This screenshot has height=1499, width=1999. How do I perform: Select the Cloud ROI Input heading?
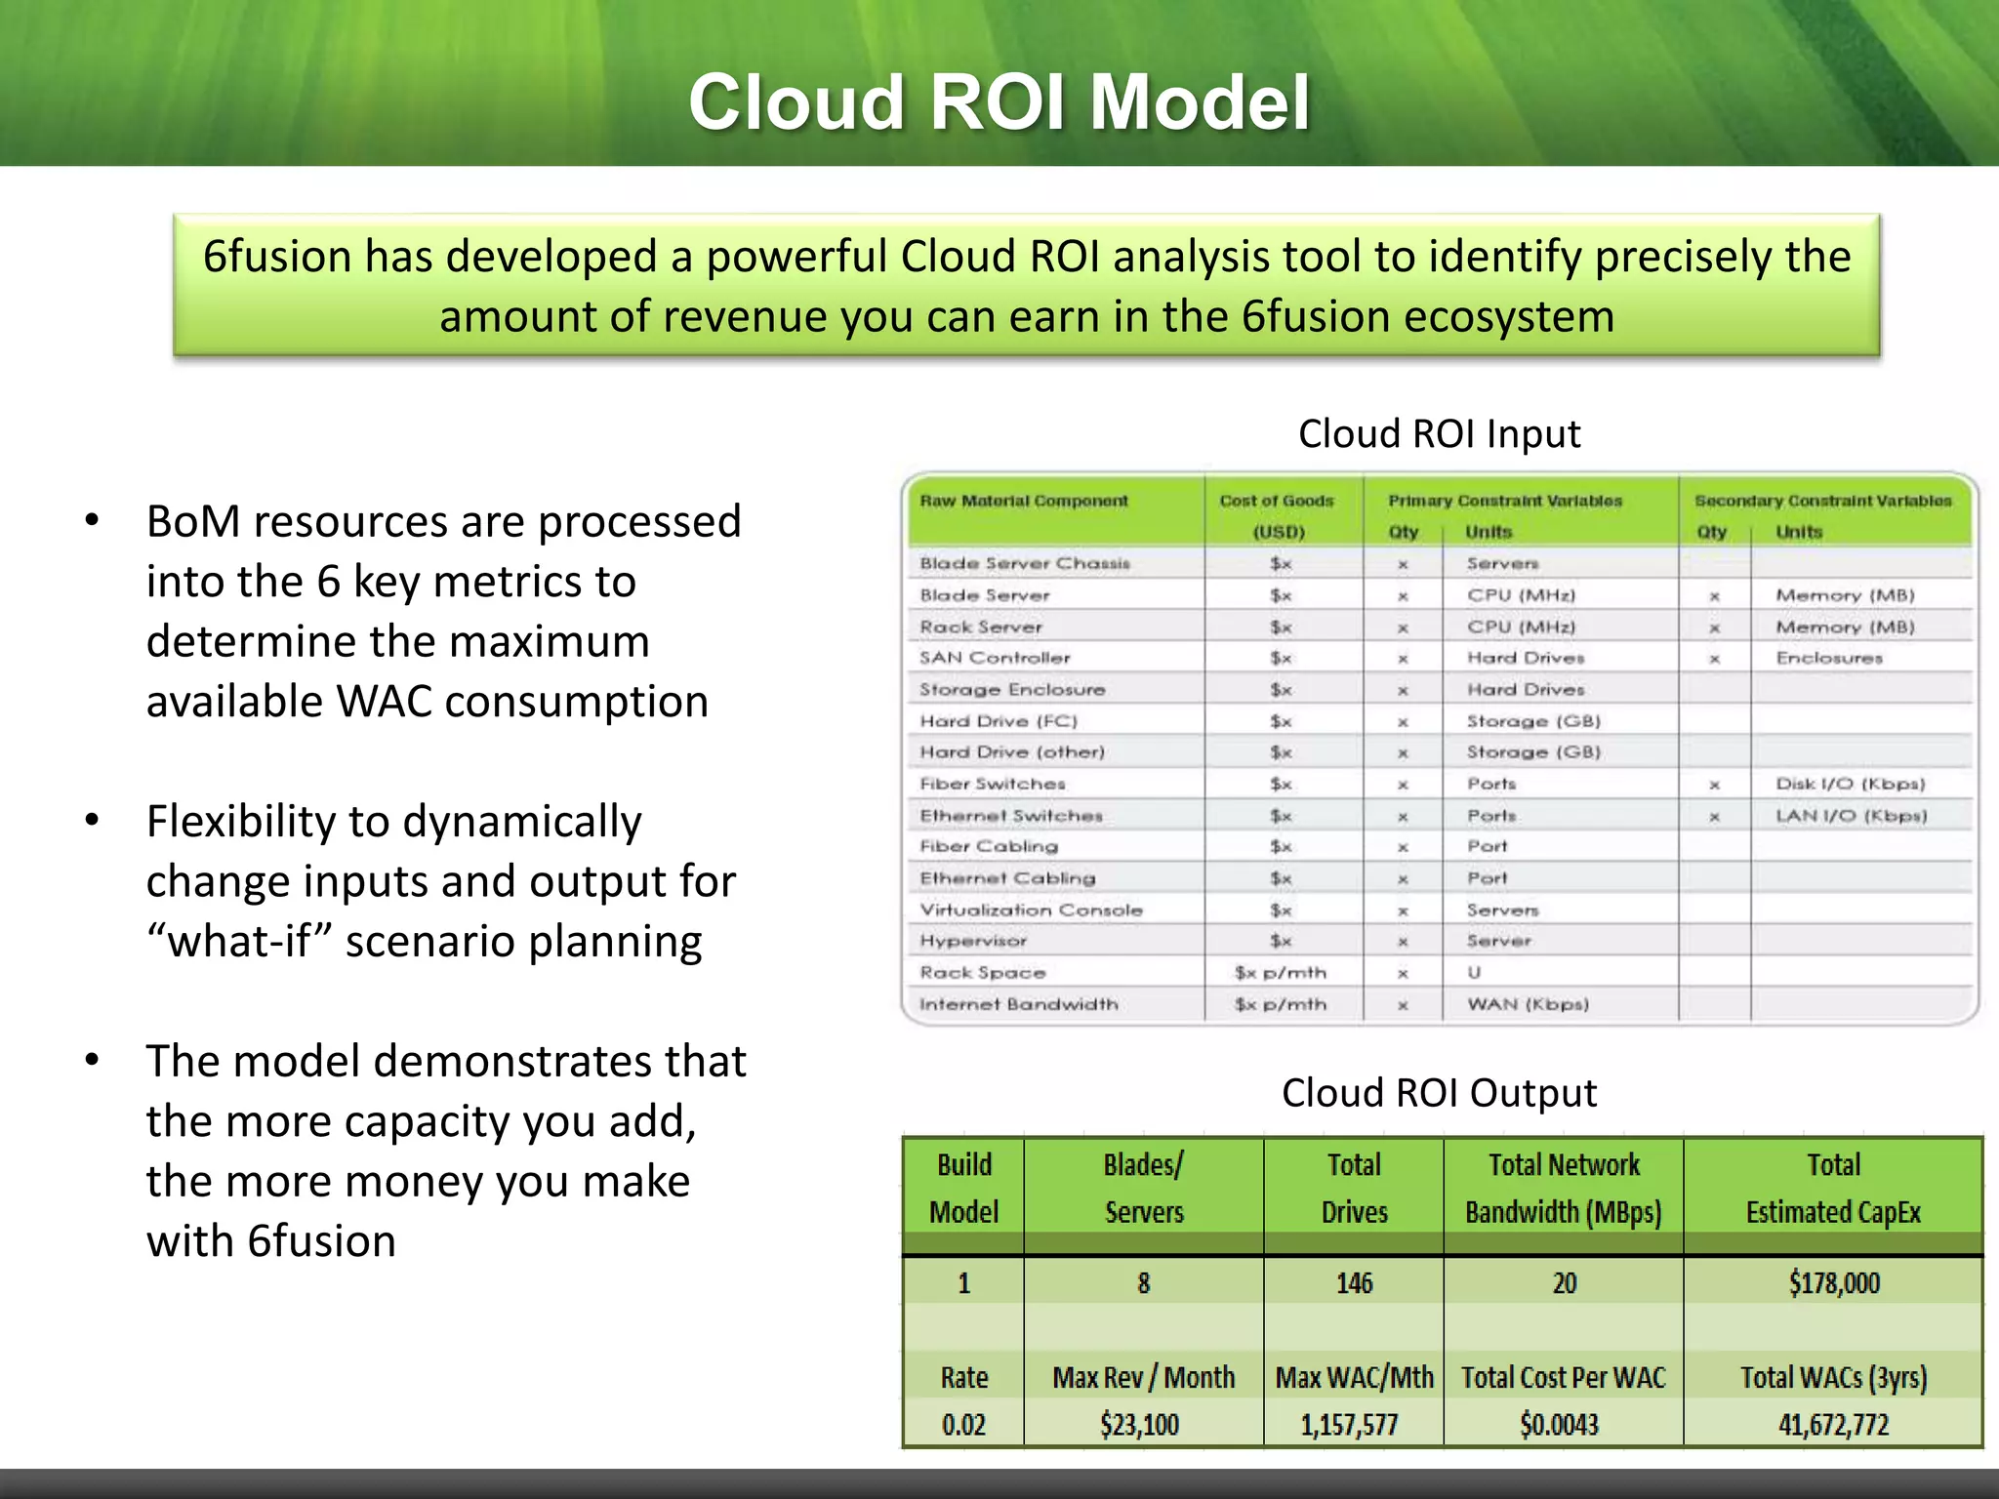pos(1439,433)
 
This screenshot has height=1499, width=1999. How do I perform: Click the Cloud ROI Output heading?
pos(1439,1093)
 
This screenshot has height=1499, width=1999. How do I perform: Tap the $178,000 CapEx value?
pos(1833,1282)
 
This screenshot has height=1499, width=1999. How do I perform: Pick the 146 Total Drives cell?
pos(1354,1282)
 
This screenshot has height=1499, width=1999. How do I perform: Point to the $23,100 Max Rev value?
pos(1139,1425)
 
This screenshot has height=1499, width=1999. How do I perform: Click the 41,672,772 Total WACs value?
pos(1833,1425)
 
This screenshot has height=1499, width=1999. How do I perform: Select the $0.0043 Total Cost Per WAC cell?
pos(1559,1425)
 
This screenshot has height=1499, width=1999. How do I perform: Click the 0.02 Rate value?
pos(963,1425)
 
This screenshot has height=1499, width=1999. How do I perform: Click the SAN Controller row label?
pos(995,658)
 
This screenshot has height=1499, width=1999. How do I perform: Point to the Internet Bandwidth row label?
pos(1018,1004)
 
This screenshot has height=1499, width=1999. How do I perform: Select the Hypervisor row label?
pos(973,941)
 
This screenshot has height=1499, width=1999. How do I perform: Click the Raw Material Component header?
pos(1023,501)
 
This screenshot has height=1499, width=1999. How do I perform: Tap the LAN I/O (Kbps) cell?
pos(1851,816)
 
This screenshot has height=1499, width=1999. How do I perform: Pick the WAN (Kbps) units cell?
pos(1528,1004)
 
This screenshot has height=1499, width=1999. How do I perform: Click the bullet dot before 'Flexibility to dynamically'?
pos(92,820)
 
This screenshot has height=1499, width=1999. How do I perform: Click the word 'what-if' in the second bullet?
pos(239,942)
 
